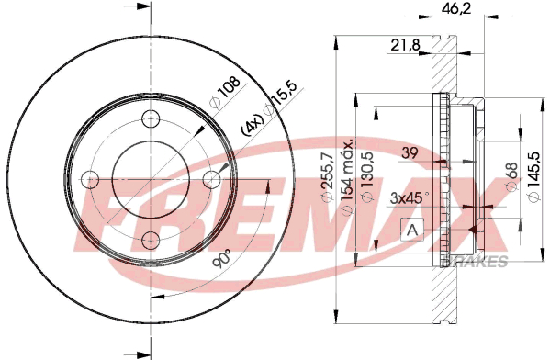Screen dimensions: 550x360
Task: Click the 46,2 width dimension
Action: click(x=456, y=8)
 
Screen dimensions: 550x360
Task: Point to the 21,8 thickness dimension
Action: click(x=405, y=45)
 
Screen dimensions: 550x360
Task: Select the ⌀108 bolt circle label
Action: click(x=224, y=92)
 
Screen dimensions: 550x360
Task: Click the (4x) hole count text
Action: click(x=253, y=125)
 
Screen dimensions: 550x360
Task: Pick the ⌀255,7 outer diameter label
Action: click(x=327, y=177)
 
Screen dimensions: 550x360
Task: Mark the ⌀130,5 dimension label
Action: click(x=367, y=177)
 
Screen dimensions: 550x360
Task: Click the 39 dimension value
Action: click(x=410, y=153)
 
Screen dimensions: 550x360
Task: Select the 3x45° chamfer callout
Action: click(x=410, y=198)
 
